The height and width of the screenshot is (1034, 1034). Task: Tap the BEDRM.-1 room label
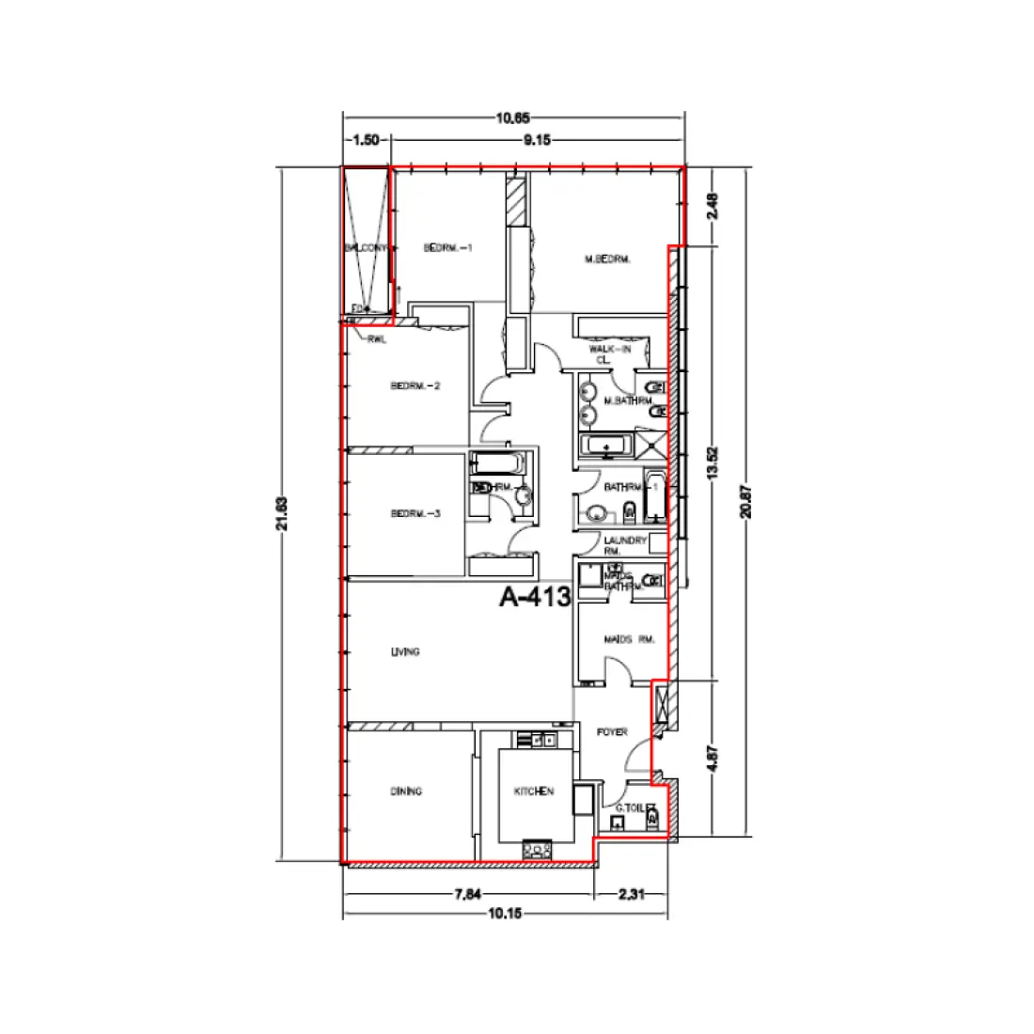446,248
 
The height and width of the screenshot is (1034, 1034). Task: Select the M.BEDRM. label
606,258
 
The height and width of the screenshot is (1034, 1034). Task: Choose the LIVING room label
405,651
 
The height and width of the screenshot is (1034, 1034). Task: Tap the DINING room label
406,791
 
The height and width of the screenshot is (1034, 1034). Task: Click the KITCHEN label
533,791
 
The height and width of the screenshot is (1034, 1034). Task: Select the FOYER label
612,732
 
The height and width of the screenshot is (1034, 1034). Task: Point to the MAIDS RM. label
629,639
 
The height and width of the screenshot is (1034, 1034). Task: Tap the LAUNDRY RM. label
625,545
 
